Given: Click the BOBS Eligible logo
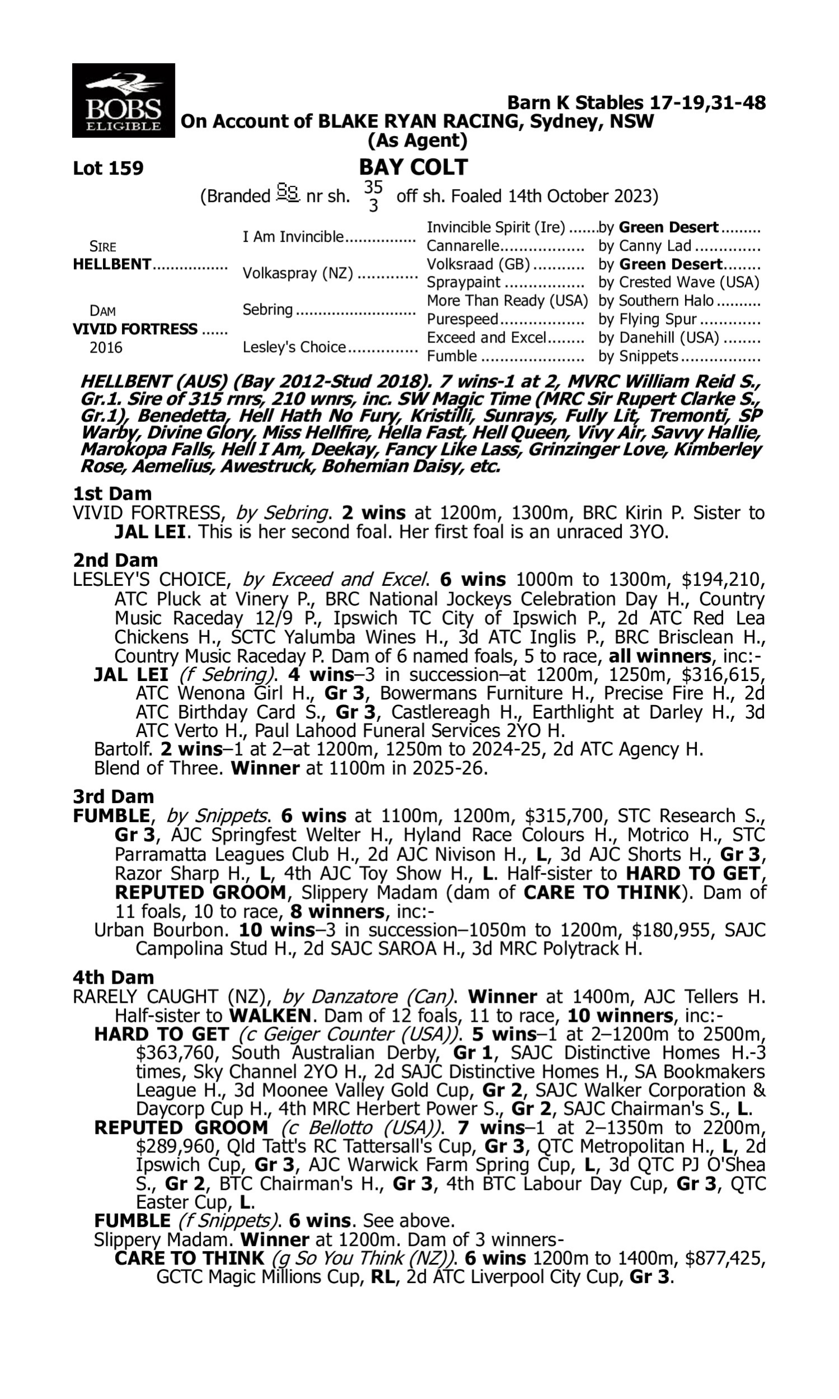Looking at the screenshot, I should click(x=123, y=100).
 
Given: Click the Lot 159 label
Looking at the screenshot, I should click(x=108, y=168).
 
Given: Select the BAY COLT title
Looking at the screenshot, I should click(x=413, y=167).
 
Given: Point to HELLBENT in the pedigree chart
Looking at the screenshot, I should click(x=112, y=265).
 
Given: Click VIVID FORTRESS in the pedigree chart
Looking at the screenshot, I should click(x=135, y=329).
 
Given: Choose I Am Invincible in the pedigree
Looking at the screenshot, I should click(x=293, y=237).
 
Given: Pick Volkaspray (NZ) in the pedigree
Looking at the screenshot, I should click(x=298, y=274).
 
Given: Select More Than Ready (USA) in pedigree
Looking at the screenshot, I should click(x=507, y=301).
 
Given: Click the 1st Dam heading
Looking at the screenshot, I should click(x=112, y=494).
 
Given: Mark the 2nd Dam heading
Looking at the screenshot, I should click(x=115, y=560).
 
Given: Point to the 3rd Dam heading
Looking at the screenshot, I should click(x=113, y=797).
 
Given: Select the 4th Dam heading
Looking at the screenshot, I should click(x=113, y=977).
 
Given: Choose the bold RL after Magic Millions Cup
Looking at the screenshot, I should click(x=383, y=1278).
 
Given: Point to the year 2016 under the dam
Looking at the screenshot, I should click(x=106, y=348).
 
